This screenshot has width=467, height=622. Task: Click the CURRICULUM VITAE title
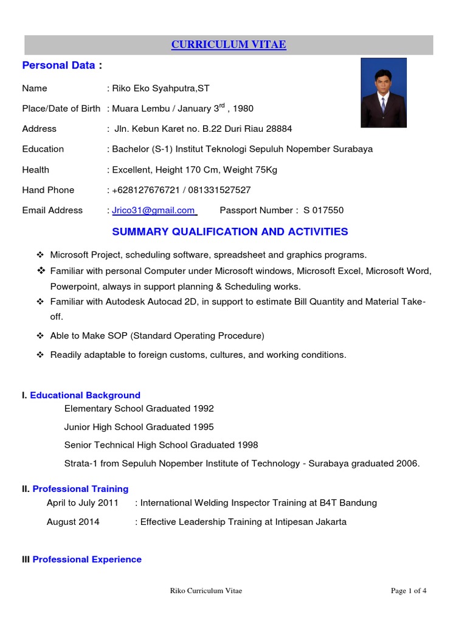[229, 45]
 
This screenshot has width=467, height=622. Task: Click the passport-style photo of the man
[383, 92]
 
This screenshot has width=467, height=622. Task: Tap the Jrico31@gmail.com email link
[152, 211]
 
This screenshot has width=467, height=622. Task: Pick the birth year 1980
[242, 109]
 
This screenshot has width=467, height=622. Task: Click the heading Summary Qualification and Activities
[230, 231]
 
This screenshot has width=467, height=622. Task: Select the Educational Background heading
[85, 395]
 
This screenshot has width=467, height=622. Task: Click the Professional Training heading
[80, 489]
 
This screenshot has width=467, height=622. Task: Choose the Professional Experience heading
[86, 559]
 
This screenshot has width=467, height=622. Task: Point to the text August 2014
[73, 522]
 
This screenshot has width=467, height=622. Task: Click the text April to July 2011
[83, 503]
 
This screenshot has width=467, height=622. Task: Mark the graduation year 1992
[203, 409]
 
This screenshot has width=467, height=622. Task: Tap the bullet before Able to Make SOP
[41, 335]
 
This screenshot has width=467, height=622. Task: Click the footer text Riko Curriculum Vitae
[206, 591]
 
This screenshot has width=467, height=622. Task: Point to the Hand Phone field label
[48, 190]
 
